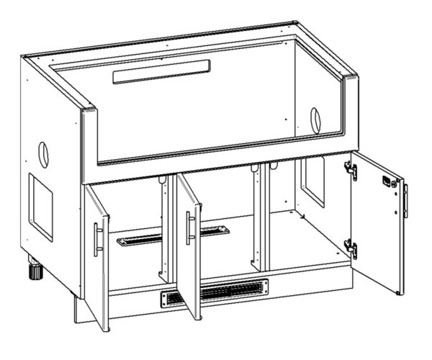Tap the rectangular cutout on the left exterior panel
40,205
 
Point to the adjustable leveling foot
33,272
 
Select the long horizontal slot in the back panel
163,71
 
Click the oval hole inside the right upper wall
315,119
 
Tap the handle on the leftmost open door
96,239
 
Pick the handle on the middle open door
190,228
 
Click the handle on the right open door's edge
405,201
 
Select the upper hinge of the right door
351,170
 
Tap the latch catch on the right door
389,182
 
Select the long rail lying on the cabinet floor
173,235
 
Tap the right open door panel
378,223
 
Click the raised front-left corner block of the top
88,115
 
